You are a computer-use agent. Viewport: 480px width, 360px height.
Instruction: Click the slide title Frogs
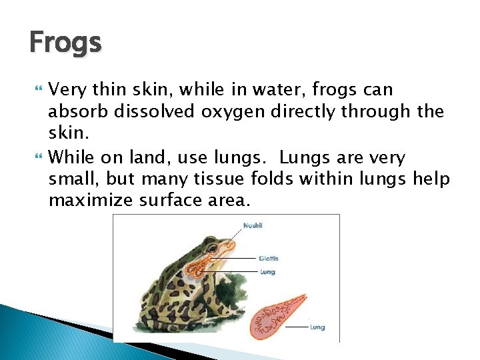pos(65,43)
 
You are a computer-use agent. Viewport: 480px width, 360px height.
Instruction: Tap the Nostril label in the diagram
pos(253,225)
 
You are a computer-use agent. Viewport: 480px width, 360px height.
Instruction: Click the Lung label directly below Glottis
pos(267,272)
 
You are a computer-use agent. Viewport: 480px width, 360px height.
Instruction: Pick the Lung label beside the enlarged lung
pos(317,327)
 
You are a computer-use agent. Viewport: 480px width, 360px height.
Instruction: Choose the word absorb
pos(79,111)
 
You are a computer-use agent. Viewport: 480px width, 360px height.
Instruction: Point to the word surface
pos(167,200)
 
